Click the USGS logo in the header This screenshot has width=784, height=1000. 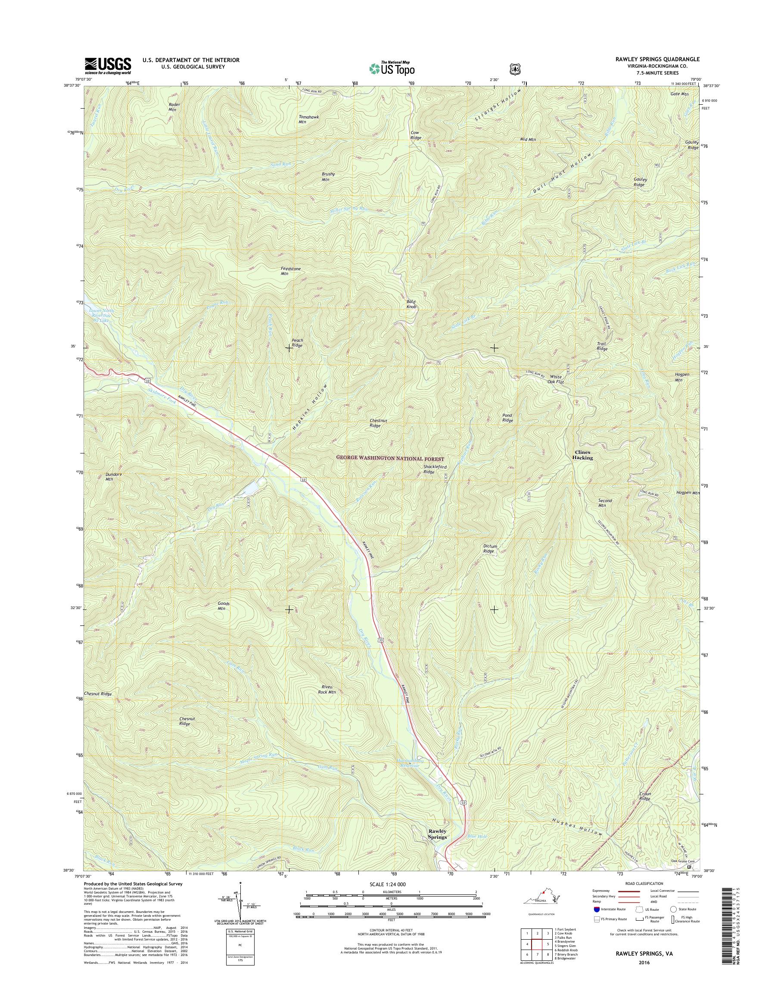coord(107,66)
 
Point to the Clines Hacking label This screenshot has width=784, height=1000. coord(583,455)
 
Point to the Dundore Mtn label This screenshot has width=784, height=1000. coord(109,476)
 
